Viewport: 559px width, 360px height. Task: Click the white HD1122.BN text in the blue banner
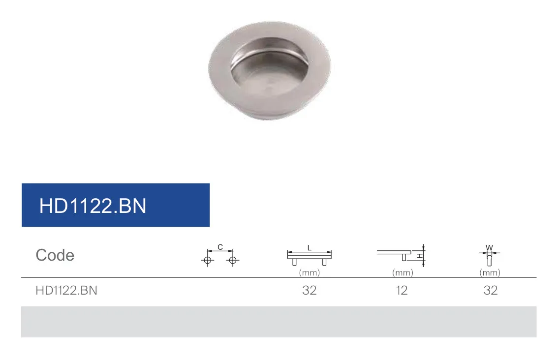[93, 206]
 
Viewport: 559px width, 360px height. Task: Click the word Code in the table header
[55, 255]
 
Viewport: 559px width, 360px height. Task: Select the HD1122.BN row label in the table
[66, 291]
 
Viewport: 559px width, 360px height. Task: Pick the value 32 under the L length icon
[309, 291]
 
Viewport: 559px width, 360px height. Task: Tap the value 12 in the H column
[402, 291]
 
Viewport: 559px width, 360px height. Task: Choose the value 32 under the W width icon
[490, 291]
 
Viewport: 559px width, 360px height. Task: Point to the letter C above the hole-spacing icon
[220, 247]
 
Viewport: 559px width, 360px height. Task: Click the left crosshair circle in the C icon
[208, 261]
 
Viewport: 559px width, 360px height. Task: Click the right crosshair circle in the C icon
[232, 261]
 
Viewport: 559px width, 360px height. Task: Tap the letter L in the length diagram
[310, 248]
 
